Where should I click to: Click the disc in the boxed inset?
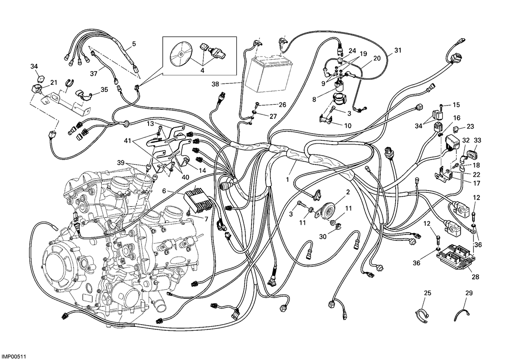(x=181, y=54)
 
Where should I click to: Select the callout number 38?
(x=215, y=84)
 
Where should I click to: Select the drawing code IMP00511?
(x=14, y=356)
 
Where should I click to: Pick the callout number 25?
(x=428, y=293)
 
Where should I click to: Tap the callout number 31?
(x=398, y=50)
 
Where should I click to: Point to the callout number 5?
(x=134, y=43)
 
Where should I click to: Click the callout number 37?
(x=94, y=74)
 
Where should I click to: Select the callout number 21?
(x=53, y=83)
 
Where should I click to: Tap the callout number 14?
(x=202, y=170)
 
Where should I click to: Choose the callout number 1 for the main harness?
(x=287, y=180)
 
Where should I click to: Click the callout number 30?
(x=323, y=237)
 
